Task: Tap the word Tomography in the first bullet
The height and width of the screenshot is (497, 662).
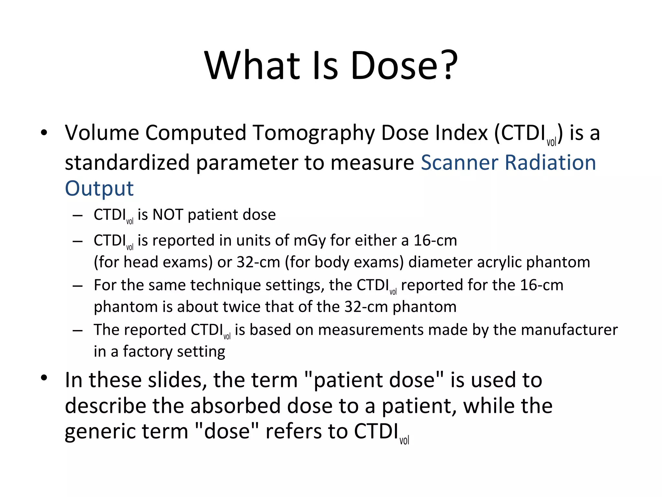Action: click(313, 133)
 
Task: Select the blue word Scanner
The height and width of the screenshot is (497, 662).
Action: click(459, 162)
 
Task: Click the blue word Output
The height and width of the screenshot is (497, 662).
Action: click(99, 189)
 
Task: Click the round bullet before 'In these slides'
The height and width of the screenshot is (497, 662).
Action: click(44, 378)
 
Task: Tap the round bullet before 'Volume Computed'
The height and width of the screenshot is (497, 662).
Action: click(44, 132)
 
